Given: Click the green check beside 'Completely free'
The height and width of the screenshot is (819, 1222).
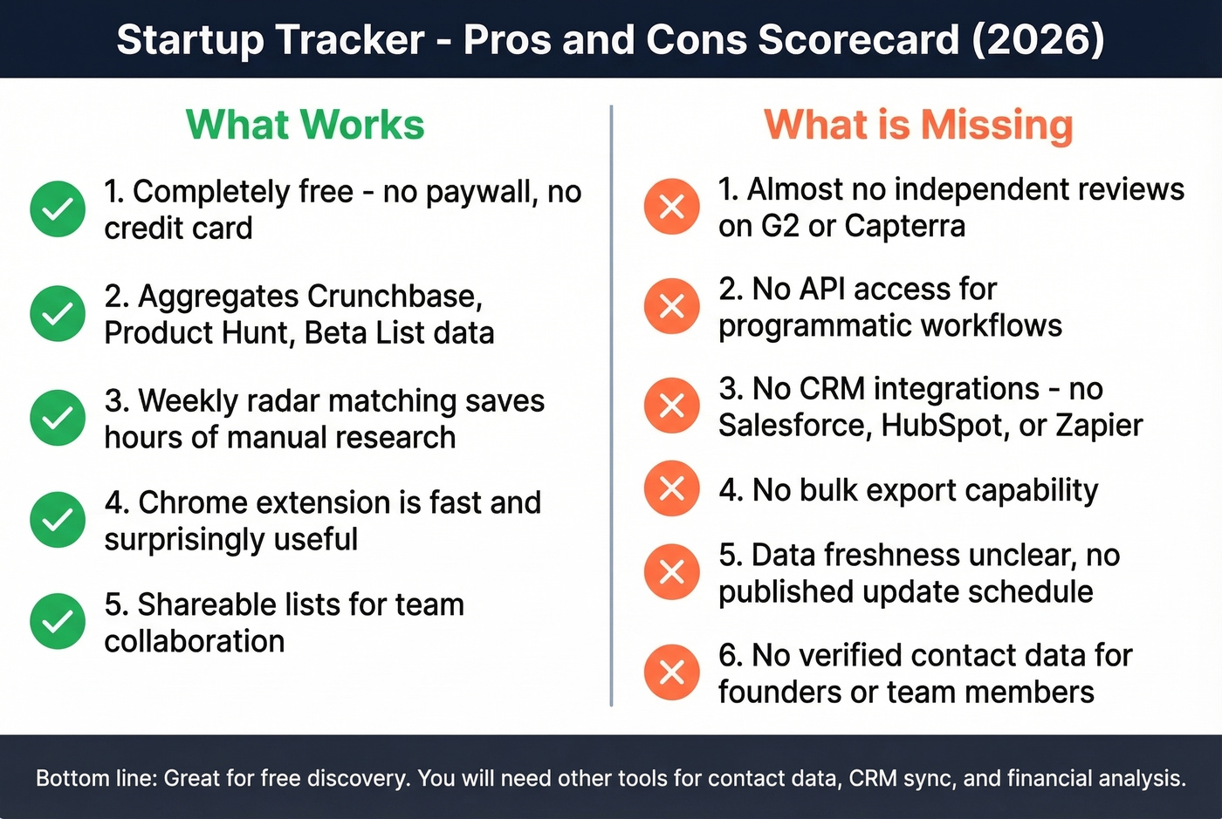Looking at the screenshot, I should (58, 208).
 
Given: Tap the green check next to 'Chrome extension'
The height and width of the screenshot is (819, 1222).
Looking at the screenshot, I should (58, 520).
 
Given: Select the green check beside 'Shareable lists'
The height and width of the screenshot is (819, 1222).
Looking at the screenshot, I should (58, 622).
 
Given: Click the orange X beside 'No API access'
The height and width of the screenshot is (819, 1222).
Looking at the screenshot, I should (671, 306).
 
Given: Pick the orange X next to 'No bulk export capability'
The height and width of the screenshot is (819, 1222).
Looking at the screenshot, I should (671, 488).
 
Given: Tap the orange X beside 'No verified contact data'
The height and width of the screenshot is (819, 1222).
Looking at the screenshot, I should (671, 672).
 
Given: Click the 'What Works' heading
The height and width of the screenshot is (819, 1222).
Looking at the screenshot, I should (305, 125).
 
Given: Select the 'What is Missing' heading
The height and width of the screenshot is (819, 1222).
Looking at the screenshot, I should (918, 125).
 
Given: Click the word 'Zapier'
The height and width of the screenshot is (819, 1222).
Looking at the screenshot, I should (1099, 426).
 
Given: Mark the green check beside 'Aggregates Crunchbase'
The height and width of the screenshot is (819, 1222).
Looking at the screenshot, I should (58, 313).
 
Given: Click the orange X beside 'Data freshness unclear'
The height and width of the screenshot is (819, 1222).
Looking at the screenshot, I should (671, 572).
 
